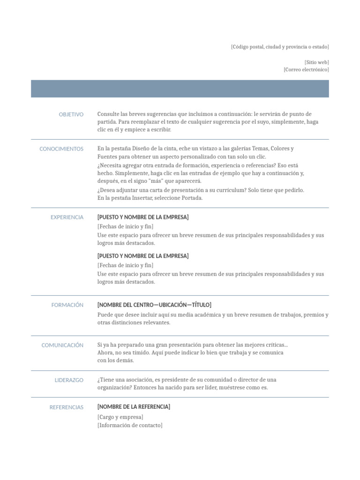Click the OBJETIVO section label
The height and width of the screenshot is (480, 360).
pyautogui.click(x=71, y=114)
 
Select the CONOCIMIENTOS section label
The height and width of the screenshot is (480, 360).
pyautogui.click(x=61, y=149)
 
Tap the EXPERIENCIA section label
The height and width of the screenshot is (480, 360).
pyautogui.click(x=67, y=217)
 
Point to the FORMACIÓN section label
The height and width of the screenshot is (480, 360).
pyautogui.click(x=67, y=305)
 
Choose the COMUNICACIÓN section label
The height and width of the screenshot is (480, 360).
pyautogui.click(x=62, y=345)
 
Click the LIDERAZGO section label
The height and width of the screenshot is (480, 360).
pyautogui.click(x=69, y=380)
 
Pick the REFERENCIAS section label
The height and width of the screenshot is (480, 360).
pyautogui.click(x=67, y=407)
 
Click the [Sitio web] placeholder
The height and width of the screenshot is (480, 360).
pyautogui.click(x=316, y=62)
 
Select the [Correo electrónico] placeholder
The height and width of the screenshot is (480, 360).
pyautogui.click(x=306, y=70)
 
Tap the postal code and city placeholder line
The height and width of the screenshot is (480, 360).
pyautogui.click(x=280, y=47)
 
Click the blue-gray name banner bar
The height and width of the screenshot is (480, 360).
pyautogui.click(x=180, y=89)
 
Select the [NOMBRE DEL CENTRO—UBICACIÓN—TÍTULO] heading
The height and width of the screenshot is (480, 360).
pyautogui.click(x=154, y=305)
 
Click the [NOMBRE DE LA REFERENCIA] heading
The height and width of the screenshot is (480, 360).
pyautogui.click(x=134, y=407)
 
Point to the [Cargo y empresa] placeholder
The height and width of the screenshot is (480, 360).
pyautogui.click(x=120, y=417)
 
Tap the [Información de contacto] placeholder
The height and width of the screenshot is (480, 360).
pyautogui.click(x=130, y=426)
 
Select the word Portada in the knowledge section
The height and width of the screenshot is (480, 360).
pyautogui.click(x=193, y=198)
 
